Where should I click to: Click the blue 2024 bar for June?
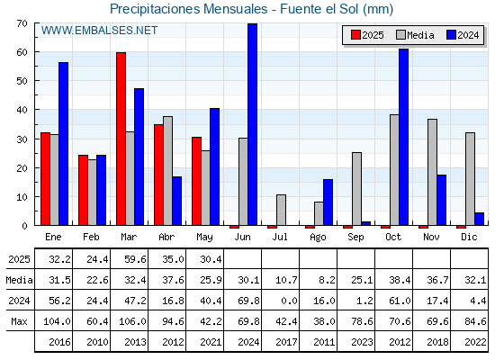click(x=252, y=124)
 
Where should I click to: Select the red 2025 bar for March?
click(x=121, y=139)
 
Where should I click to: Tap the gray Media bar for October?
click(x=394, y=170)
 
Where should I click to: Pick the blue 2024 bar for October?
click(x=404, y=137)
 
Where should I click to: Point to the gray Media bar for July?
click(x=281, y=210)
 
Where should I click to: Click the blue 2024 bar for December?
click(x=479, y=219)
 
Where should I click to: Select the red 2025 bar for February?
click(x=83, y=190)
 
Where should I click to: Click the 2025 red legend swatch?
click(x=355, y=35)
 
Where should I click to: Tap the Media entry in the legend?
click(x=415, y=35)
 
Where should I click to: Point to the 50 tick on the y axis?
click(x=22, y=81)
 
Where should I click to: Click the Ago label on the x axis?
click(x=318, y=238)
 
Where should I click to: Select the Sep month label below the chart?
click(x=355, y=238)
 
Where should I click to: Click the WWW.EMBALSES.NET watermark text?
click(x=99, y=31)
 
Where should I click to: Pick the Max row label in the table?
click(x=19, y=321)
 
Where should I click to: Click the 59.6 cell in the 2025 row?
click(x=135, y=259)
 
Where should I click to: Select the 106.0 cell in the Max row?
click(x=133, y=321)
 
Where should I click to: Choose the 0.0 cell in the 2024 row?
click(x=289, y=301)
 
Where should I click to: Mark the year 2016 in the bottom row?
click(x=59, y=342)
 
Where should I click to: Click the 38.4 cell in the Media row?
click(x=400, y=280)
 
